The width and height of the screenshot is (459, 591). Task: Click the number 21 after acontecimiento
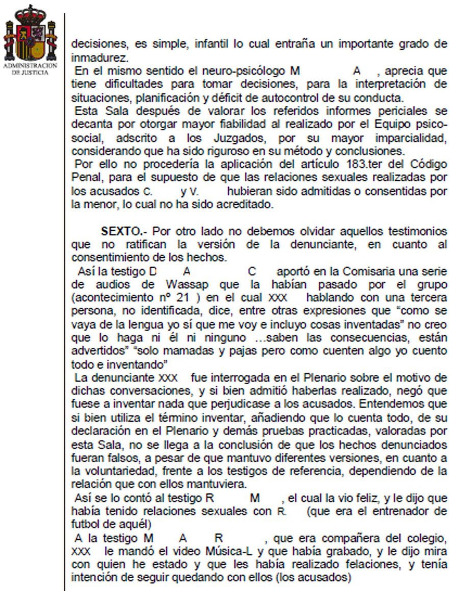(x=183, y=298)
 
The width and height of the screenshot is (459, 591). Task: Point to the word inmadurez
(x=99, y=58)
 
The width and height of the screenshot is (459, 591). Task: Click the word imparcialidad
(x=411, y=138)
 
